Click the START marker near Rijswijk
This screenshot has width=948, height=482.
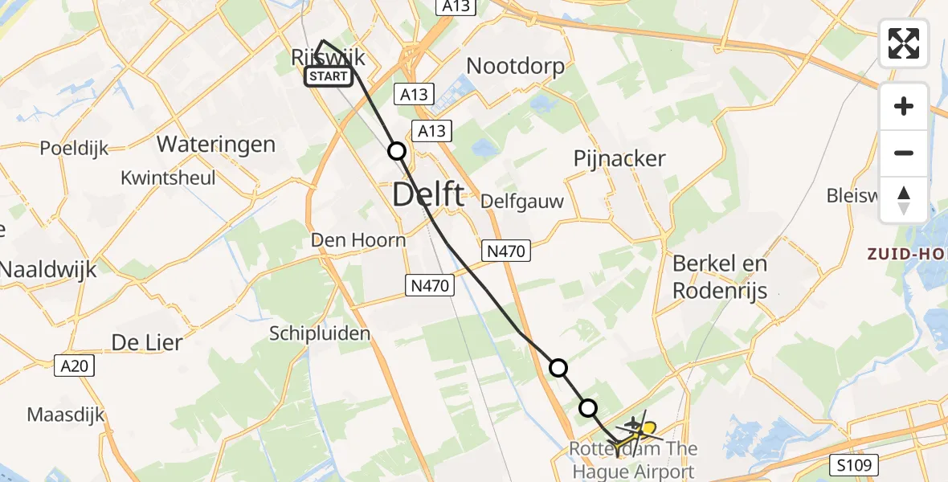(328, 76)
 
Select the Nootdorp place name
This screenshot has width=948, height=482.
(515, 66)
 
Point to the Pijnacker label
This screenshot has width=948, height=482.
(619, 158)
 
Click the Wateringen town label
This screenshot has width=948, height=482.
(216, 145)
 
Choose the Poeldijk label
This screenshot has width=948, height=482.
(74, 149)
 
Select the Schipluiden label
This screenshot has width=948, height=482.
(320, 333)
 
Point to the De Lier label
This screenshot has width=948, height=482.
(147, 342)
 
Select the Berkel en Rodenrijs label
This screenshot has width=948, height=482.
(720, 276)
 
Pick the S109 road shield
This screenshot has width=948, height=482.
(852, 464)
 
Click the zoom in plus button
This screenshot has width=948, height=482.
(904, 106)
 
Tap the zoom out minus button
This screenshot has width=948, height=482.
(904, 153)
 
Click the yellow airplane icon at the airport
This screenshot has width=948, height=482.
(648, 430)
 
